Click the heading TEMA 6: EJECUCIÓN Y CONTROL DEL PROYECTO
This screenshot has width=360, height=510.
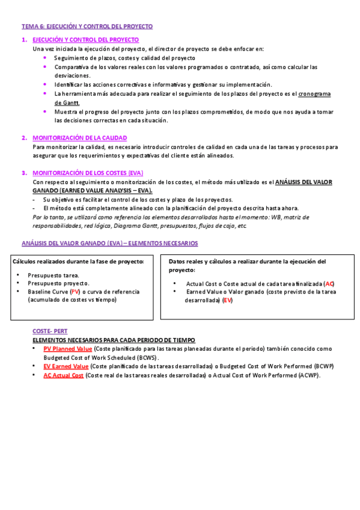click(87, 26)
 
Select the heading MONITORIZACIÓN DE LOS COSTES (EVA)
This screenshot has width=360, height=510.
click(88, 173)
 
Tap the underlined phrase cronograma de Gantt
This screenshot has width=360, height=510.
click(314, 94)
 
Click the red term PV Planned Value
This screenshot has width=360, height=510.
click(68, 349)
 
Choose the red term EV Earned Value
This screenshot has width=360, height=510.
click(66, 366)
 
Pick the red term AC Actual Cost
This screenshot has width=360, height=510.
click(64, 375)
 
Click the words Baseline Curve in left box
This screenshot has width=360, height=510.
click(48, 291)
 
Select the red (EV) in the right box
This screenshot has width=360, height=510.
click(227, 300)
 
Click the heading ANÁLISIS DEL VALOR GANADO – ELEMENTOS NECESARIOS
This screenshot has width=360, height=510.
click(109, 243)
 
